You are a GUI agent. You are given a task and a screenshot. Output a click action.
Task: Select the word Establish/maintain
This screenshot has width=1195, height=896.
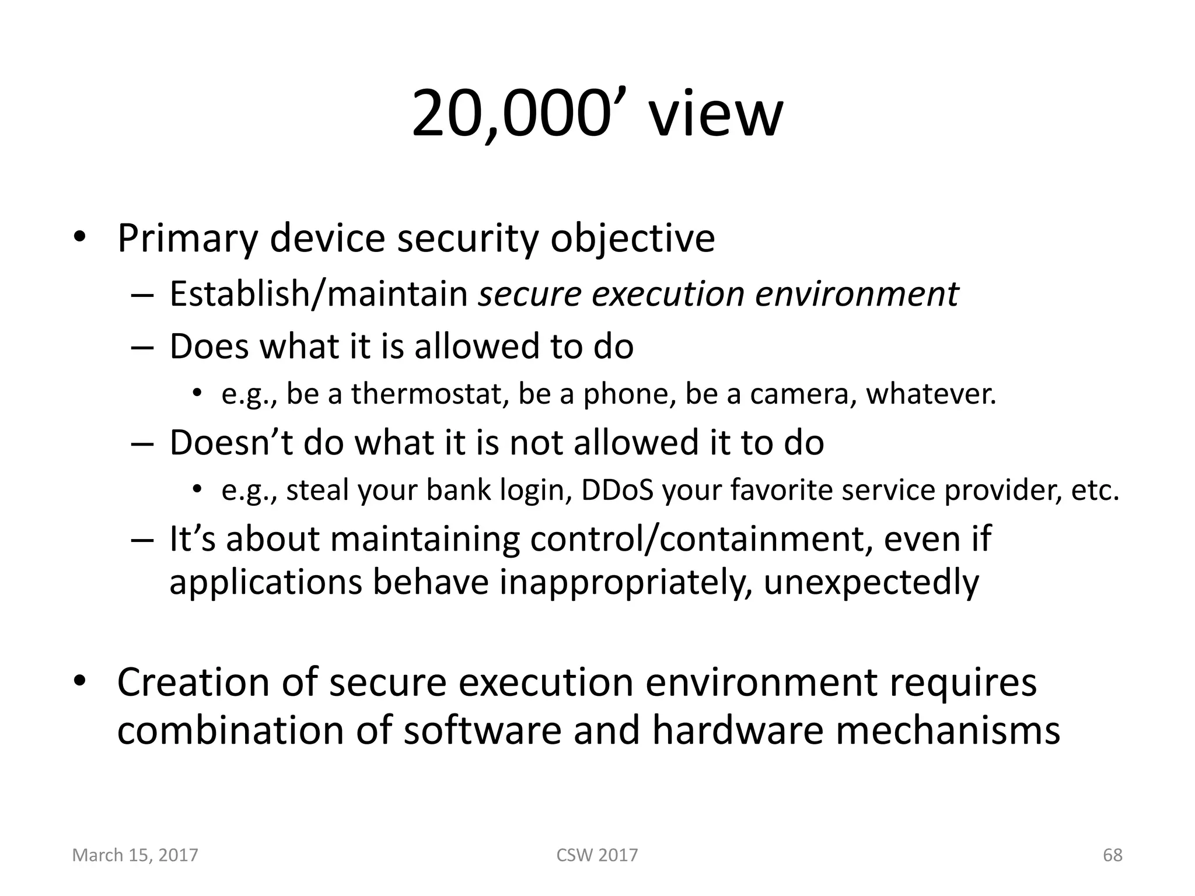click(x=319, y=293)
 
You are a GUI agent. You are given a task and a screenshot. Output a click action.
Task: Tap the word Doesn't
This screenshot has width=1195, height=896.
click(x=231, y=442)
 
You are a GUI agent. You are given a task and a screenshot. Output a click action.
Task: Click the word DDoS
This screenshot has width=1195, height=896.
click(x=617, y=490)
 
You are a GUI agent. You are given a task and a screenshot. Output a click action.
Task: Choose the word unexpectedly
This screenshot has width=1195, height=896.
click(x=871, y=582)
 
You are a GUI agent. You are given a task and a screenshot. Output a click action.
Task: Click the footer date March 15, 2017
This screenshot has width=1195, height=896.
click(x=135, y=855)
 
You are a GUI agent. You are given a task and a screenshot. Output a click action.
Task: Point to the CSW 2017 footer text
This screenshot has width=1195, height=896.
click(x=597, y=855)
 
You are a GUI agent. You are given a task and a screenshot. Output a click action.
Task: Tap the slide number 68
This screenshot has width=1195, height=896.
click(x=1112, y=855)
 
